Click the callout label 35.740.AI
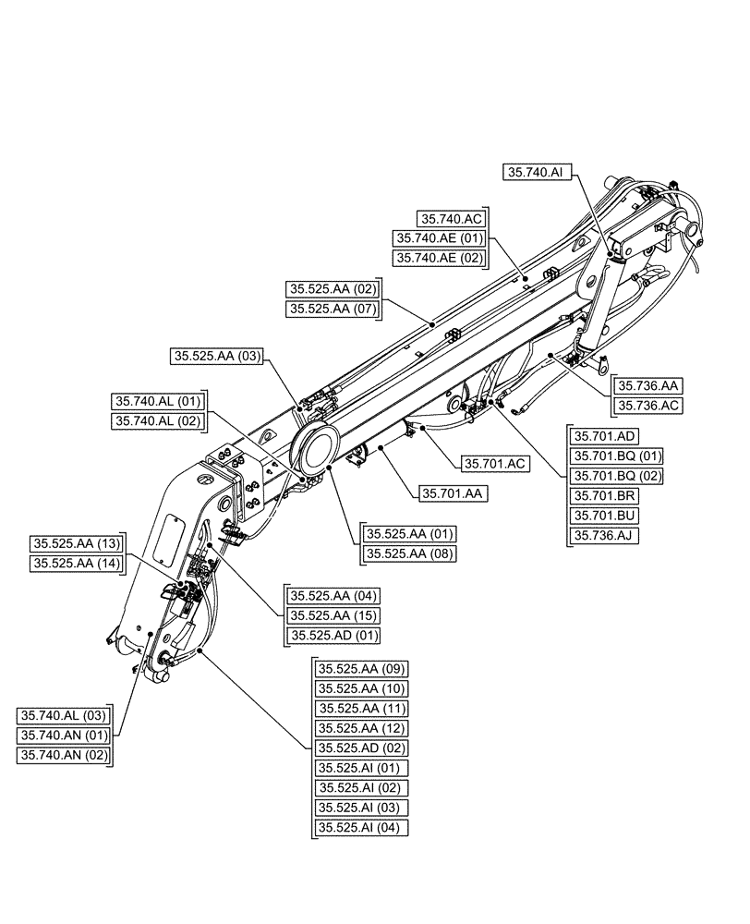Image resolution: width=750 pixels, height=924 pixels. click(x=534, y=171)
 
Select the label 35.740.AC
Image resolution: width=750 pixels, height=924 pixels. click(x=450, y=219)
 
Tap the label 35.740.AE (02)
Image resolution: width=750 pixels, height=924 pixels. click(x=439, y=259)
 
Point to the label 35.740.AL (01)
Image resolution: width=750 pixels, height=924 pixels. click(x=156, y=401)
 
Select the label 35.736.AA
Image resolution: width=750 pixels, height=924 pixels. click(x=648, y=386)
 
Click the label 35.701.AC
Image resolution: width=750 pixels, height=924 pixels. click(x=494, y=464)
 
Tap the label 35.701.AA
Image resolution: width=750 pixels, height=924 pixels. click(x=454, y=494)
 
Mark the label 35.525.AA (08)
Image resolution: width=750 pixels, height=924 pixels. click(x=410, y=553)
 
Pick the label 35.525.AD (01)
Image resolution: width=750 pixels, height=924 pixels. click(x=333, y=635)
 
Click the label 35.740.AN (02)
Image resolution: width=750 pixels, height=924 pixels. click(x=64, y=755)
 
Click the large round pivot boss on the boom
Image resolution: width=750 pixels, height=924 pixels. click(x=314, y=447)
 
